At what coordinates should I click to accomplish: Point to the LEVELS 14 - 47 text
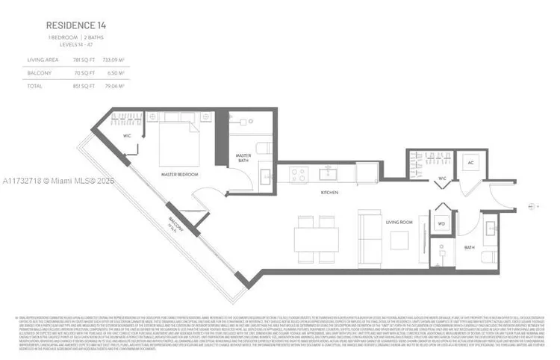click(x=72, y=46)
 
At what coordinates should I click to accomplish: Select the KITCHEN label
click(x=331, y=193)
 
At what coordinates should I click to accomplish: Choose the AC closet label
click(x=471, y=163)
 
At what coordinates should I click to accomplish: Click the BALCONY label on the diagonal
click(x=174, y=223)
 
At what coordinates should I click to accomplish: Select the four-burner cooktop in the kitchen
click(x=299, y=175)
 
